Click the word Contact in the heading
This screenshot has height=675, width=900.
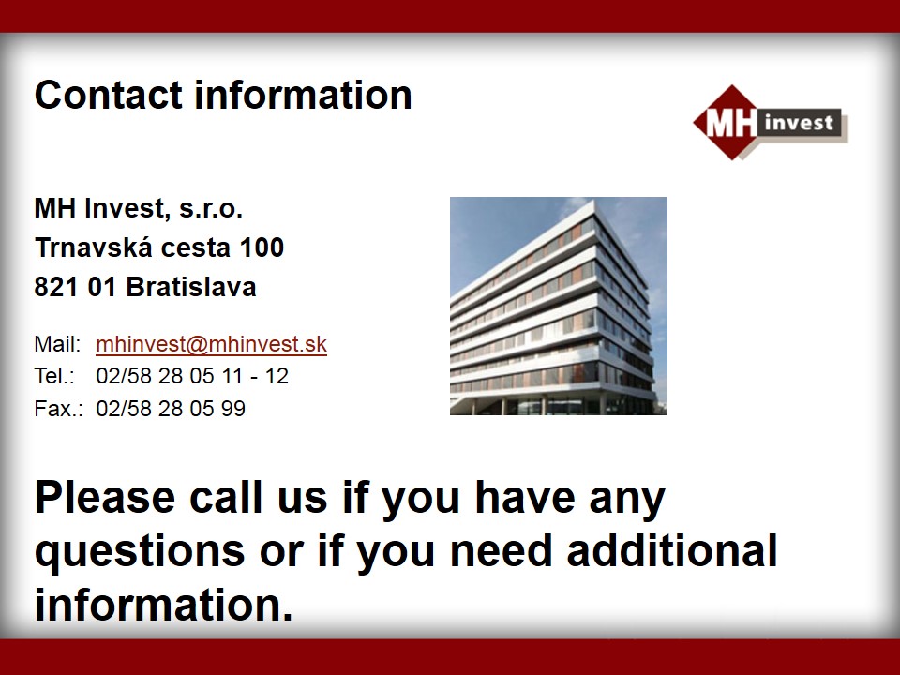coord(109,95)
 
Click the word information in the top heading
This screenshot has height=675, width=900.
coord(303,95)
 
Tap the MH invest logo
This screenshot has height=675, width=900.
coord(771,123)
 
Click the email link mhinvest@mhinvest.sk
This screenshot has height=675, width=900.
coord(211,344)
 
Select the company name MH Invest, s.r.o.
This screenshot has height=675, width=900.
coord(139,208)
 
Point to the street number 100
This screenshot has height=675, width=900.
coord(262,247)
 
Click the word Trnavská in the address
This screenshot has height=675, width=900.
coord(94,247)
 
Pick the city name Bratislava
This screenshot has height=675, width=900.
coord(191,287)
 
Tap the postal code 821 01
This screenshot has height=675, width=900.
coord(75,287)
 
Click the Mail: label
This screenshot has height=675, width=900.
coord(57,344)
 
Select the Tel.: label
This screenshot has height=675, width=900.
coord(54,377)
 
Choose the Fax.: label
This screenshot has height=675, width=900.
coord(58,409)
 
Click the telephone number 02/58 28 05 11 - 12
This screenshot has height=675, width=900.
coord(192,377)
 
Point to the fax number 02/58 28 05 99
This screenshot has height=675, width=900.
coord(171,409)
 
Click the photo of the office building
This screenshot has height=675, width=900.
coord(559,306)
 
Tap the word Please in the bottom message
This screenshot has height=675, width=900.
coord(105,498)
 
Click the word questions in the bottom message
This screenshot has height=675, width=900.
coord(140,552)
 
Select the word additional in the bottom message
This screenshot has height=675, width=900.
coord(672,551)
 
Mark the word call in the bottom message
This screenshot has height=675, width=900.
coord(226,498)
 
